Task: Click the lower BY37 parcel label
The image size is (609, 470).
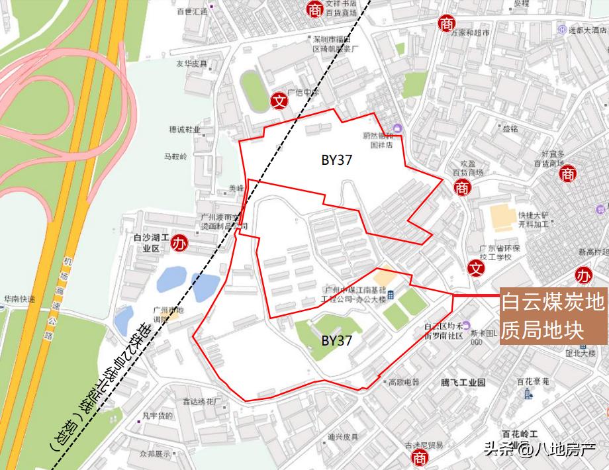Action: [x=336, y=341]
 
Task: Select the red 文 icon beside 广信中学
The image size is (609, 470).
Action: [x=280, y=101]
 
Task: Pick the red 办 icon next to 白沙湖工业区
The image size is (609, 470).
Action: [x=179, y=242]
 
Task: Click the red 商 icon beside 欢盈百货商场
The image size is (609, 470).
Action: [x=462, y=189]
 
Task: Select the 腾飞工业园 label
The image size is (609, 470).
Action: [x=463, y=382]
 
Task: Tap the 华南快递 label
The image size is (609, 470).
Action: [x=19, y=299]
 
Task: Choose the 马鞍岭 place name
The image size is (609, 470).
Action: [x=175, y=157]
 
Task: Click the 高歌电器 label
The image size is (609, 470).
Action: [x=404, y=382]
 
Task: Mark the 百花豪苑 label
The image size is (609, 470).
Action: [x=534, y=381]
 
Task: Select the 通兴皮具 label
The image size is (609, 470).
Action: [x=342, y=437]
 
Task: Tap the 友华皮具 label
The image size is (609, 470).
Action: [x=191, y=64]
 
